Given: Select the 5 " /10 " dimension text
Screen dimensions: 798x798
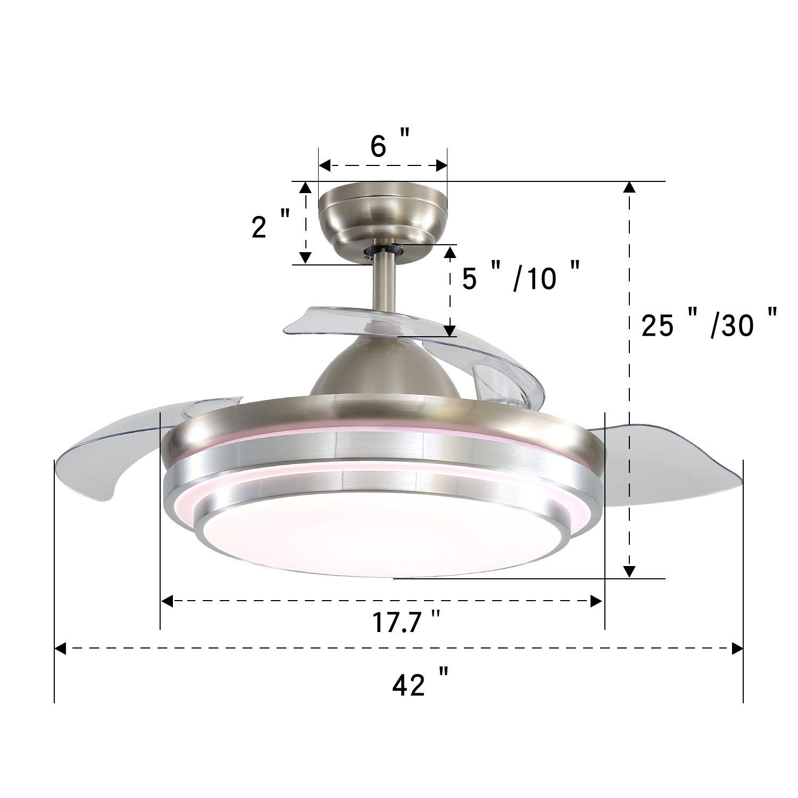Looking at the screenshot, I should coord(519,278).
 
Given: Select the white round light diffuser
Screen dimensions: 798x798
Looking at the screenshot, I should coord(383,543).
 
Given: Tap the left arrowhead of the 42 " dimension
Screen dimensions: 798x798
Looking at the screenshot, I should coord(60,649).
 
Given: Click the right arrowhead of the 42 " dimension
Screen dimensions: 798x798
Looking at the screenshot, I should coord(737,649).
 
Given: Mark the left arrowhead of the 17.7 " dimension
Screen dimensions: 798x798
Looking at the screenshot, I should coord(167,602).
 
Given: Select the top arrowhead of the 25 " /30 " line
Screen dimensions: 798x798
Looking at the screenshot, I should coord(629,187).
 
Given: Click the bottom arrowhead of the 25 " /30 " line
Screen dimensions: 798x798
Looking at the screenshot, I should coord(629,571).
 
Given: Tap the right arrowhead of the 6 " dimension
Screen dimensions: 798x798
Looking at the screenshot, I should coord(442,165).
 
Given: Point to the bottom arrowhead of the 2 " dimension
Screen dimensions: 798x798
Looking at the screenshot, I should coord(305,258).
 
